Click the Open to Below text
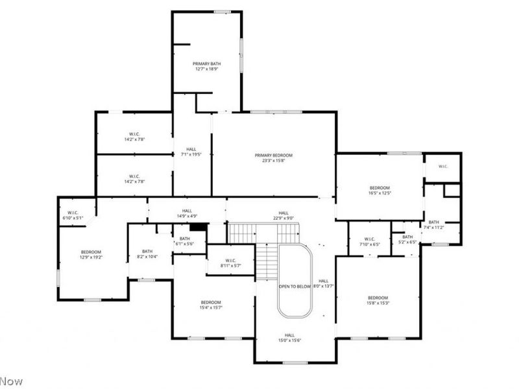(295, 286)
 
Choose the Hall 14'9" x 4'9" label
(187, 213)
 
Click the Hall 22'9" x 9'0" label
(284, 215)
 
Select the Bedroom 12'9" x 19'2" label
(91, 254)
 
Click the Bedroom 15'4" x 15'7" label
(211, 305)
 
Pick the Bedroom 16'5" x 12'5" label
(380, 190)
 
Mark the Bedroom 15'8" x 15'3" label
(378, 300)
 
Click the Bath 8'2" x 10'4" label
(147, 254)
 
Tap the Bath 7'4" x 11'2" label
(433, 224)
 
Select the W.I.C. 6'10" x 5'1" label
(73, 215)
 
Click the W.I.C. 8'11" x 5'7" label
(230, 264)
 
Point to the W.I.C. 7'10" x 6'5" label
(370, 241)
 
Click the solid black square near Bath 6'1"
(199, 227)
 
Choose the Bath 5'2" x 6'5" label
(407, 239)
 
